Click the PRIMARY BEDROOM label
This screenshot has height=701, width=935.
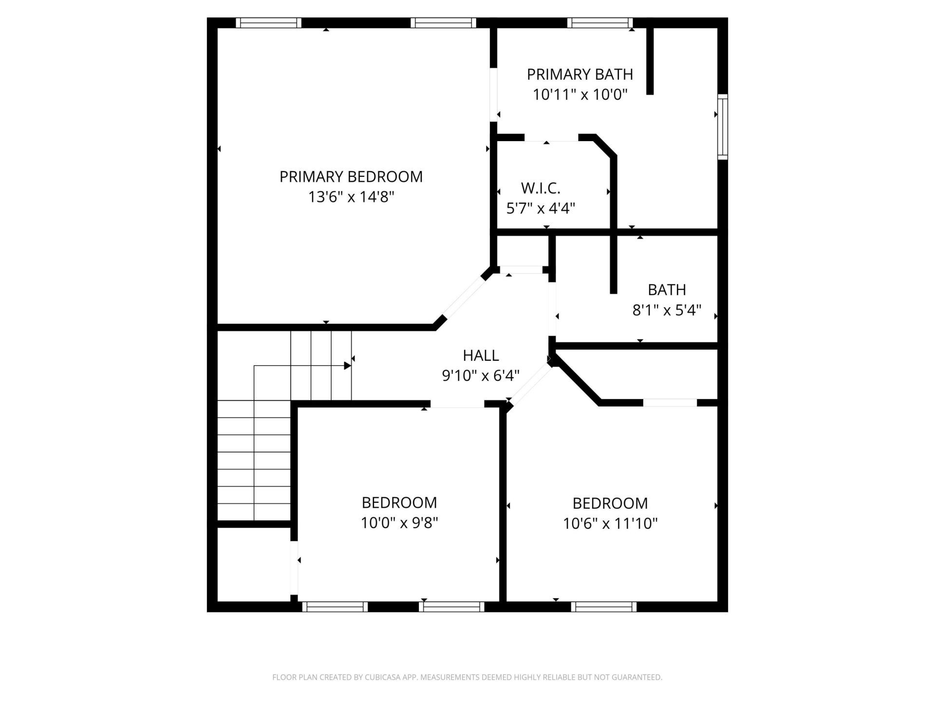pyautogui.click(x=351, y=176)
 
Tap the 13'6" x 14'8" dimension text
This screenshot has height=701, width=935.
pyautogui.click(x=351, y=197)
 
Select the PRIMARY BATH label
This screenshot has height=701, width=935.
pyautogui.click(x=580, y=74)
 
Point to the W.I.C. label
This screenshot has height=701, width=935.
pyautogui.click(x=541, y=188)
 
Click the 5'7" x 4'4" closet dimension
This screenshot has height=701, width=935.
pyautogui.click(x=541, y=208)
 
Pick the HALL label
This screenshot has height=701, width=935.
pyautogui.click(x=481, y=355)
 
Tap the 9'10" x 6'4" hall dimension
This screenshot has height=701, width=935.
pyautogui.click(x=481, y=376)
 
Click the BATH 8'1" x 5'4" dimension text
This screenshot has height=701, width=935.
pyautogui.click(x=667, y=310)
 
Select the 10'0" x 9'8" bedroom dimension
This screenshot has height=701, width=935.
pyautogui.click(x=399, y=523)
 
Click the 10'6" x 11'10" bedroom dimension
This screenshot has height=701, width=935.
pyautogui.click(x=610, y=524)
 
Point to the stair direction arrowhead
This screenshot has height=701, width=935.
pyautogui.click(x=347, y=366)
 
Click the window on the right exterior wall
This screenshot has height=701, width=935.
pyautogui.click(x=723, y=127)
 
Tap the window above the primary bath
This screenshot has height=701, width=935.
pyautogui.click(x=600, y=22)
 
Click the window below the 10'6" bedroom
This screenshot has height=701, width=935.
pyautogui.click(x=604, y=607)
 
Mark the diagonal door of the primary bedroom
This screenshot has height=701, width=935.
pyautogui.click(x=463, y=297)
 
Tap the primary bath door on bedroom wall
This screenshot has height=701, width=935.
pyautogui.click(x=493, y=94)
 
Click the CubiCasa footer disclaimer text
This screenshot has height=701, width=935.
pyautogui.click(x=467, y=677)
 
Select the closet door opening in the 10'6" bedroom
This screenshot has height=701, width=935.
pyautogui.click(x=670, y=403)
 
